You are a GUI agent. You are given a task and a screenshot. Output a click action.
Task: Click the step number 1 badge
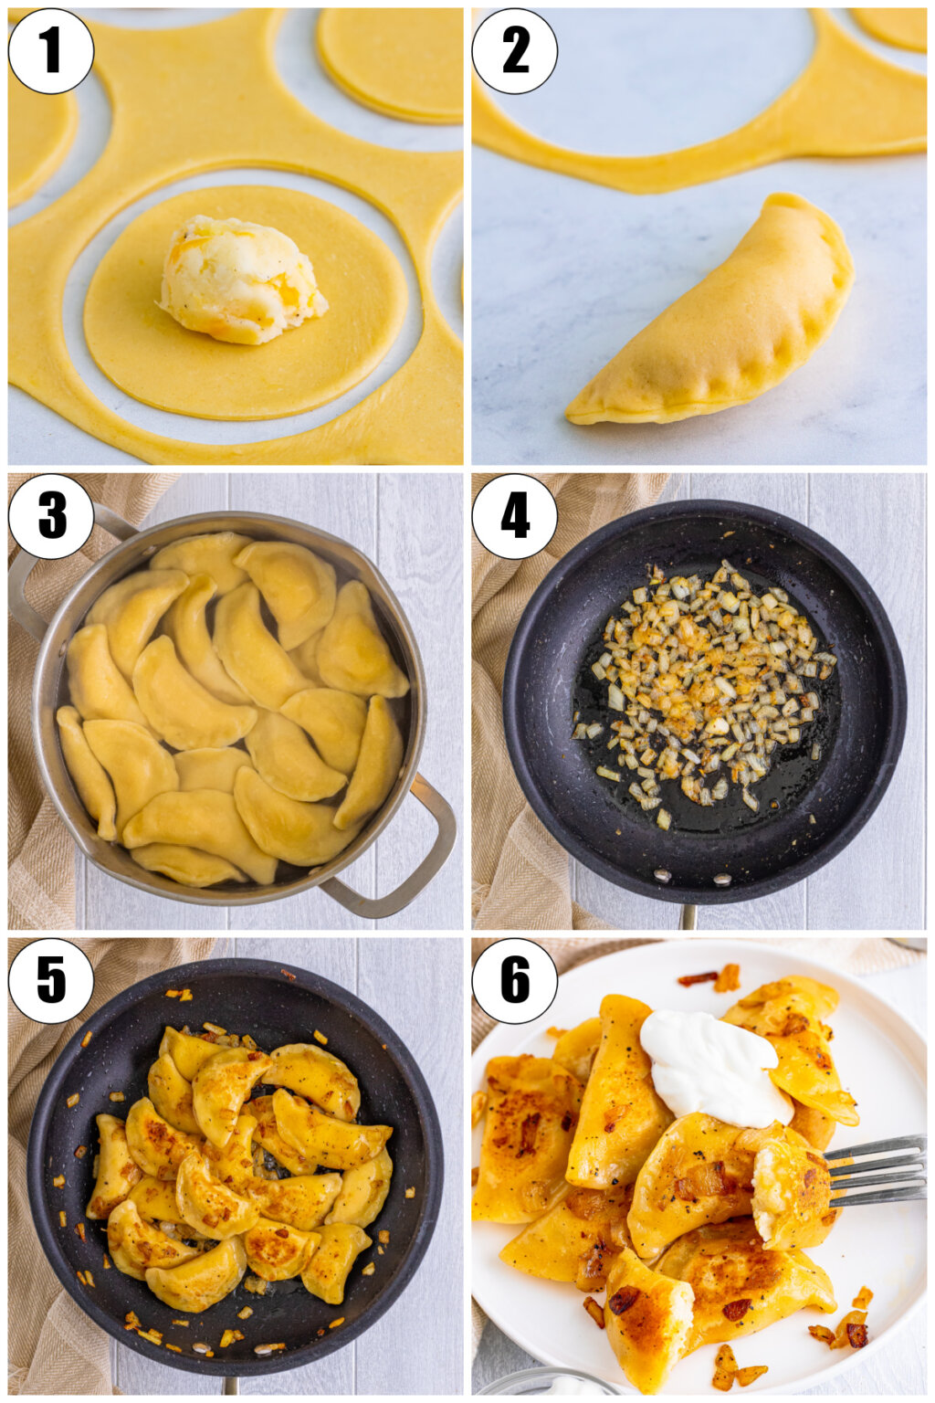(50, 51)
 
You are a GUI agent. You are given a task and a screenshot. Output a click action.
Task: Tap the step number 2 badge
(515, 51)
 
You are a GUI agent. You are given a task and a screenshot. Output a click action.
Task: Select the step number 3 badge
(50, 516)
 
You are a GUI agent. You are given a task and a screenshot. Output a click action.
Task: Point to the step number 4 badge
(515, 516)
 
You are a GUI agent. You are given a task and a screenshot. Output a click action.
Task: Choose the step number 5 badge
(50, 981)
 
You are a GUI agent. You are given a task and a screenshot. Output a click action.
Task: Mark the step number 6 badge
(515, 981)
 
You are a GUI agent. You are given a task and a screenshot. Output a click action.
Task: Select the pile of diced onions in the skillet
(703, 680)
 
